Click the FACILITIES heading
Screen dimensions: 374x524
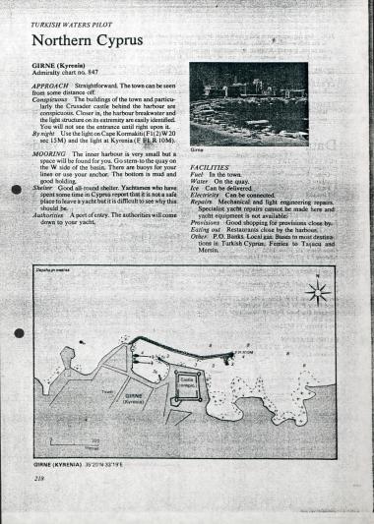[x=211, y=169]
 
